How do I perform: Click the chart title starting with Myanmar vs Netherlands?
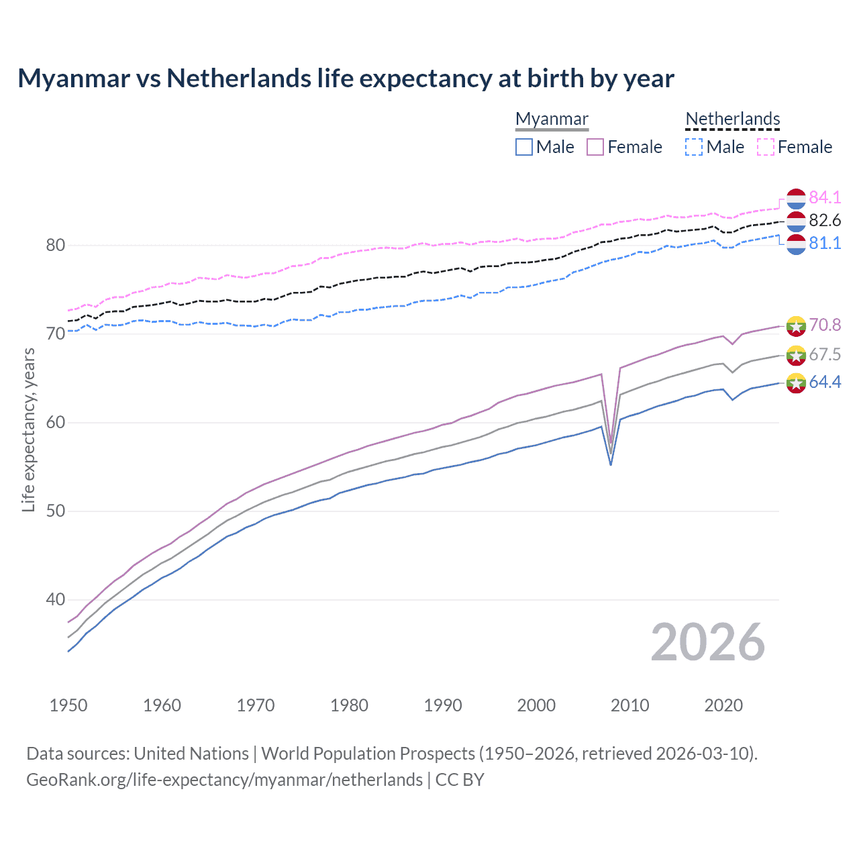346,79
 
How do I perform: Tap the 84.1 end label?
825,197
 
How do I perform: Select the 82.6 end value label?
825,220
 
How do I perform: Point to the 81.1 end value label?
825,243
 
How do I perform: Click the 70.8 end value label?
825,325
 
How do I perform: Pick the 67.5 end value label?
825,354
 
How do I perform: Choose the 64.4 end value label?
825,382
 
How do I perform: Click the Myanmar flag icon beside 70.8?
796,326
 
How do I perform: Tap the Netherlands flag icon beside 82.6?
796,221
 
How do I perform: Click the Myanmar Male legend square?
524,147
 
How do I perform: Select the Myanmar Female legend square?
595,147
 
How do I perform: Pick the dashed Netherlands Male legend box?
694,147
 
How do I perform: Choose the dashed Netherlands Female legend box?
766,147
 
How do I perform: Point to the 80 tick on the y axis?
56,246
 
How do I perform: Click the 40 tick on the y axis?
56,599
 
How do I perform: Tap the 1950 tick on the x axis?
68,705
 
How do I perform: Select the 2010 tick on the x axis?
629,705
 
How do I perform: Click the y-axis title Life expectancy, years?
28,429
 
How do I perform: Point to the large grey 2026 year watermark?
708,642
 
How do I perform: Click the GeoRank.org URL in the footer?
224,780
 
